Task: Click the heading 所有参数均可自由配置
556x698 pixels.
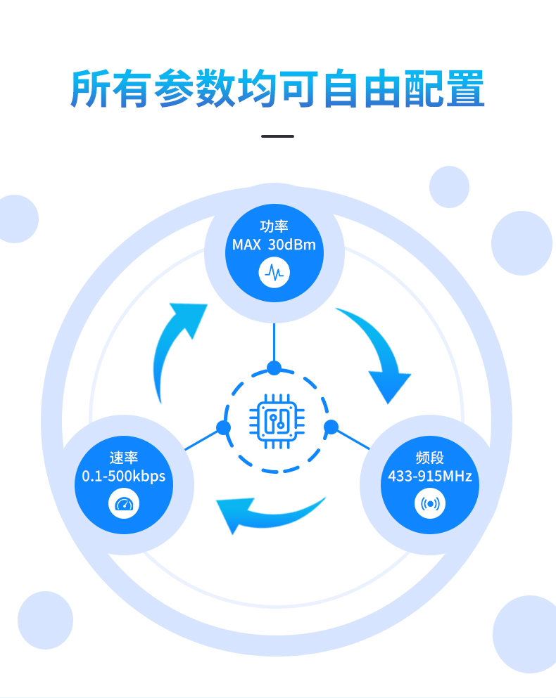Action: (x=277, y=88)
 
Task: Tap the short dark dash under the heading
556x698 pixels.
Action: (x=277, y=136)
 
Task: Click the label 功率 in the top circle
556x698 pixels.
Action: (x=274, y=226)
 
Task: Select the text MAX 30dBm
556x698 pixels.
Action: (x=274, y=245)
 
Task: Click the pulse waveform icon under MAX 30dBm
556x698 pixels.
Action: (x=274, y=273)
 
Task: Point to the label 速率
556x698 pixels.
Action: (x=123, y=458)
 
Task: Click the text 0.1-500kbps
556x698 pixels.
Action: (x=123, y=477)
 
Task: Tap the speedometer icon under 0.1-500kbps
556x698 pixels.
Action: (x=124, y=503)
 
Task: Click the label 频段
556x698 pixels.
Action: (x=430, y=458)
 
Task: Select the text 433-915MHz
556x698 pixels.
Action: (x=430, y=477)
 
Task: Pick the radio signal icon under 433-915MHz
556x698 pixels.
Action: (x=430, y=503)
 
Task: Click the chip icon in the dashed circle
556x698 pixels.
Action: (x=277, y=421)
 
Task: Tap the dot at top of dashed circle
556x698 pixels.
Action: (x=274, y=368)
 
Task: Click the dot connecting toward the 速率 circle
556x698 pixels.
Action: (x=223, y=428)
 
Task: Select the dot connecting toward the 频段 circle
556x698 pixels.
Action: (x=331, y=427)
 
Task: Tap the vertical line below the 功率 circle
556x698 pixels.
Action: (x=274, y=342)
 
